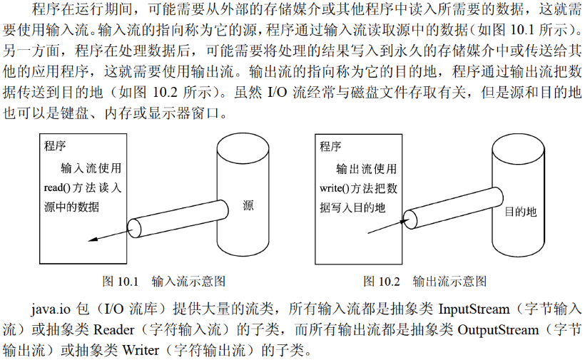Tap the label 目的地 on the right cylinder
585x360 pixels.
[x=520, y=212]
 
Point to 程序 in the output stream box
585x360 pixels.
[x=330, y=147]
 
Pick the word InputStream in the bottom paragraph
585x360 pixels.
[x=474, y=310]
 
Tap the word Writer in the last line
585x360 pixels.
[x=141, y=350]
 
